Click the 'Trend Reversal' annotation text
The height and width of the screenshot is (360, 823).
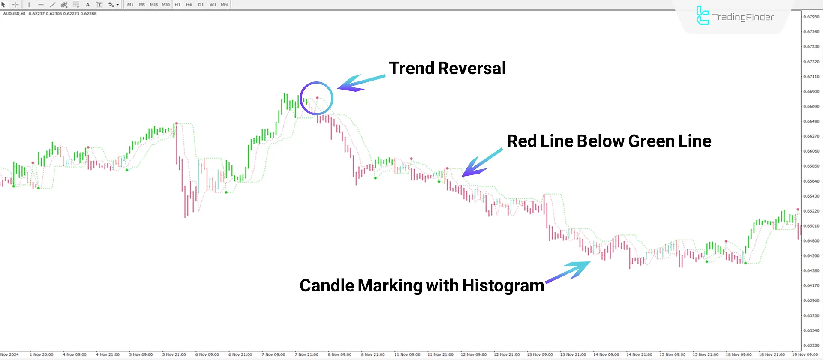point(447,69)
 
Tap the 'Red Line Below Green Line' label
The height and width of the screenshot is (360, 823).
point(609,141)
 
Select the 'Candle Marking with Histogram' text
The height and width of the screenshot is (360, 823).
point(422,286)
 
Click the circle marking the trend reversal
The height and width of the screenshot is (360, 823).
point(316,98)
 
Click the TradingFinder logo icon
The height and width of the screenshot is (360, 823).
point(702,16)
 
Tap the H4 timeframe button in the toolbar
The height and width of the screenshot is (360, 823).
point(189,5)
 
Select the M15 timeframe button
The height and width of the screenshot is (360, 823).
point(153,5)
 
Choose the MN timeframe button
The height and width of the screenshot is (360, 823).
point(224,5)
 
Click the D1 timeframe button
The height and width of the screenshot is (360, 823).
point(201,5)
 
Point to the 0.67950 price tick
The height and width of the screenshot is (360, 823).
point(811,17)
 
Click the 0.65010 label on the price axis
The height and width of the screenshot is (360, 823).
point(811,226)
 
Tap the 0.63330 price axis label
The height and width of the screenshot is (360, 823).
point(811,345)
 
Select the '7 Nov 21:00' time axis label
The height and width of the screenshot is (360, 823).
point(306,354)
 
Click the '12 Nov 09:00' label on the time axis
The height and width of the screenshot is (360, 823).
point(473,354)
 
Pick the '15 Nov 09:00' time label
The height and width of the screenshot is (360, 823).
point(672,354)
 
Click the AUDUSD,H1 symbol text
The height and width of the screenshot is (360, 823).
point(14,14)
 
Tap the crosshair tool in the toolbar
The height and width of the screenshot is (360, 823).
point(15,5)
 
